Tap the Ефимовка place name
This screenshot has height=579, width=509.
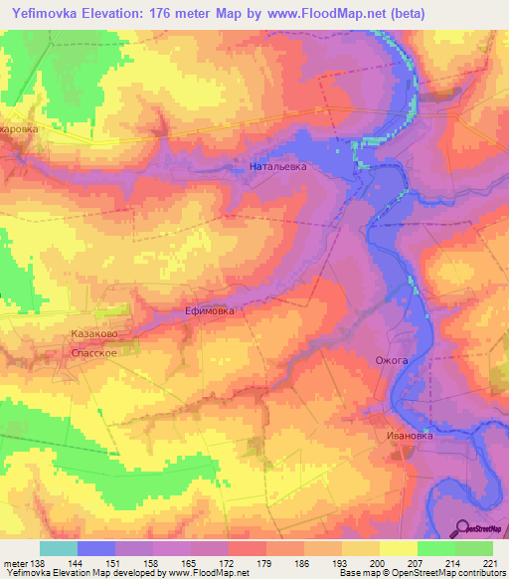click(210, 311)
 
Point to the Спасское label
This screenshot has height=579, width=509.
click(95, 353)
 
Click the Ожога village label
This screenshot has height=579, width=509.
click(391, 360)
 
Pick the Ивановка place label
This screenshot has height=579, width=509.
click(411, 435)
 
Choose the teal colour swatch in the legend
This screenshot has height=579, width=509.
click(59, 547)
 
